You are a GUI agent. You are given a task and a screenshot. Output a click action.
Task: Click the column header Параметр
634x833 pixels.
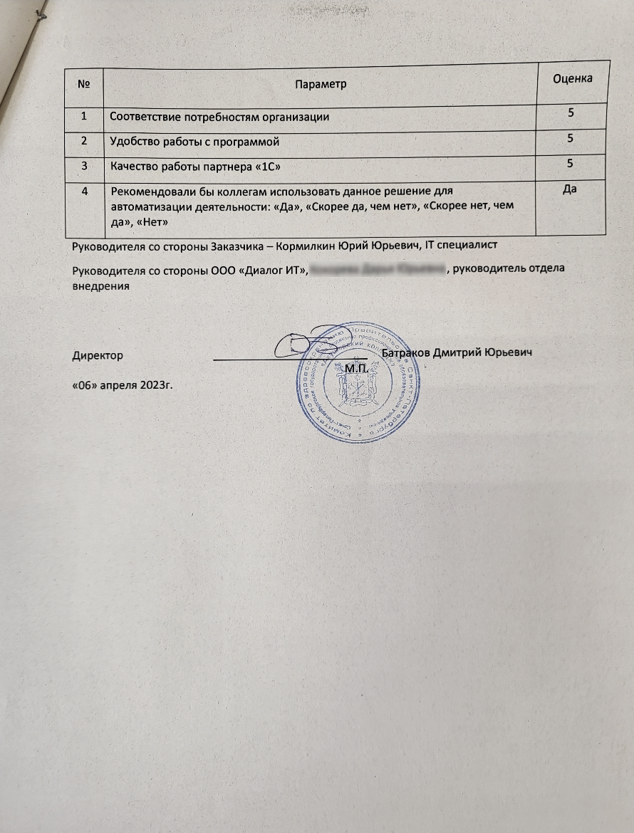pos(320,84)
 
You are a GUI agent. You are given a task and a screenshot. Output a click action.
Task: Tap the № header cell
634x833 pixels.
pos(84,84)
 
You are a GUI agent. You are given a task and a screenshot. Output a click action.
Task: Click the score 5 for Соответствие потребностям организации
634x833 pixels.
pos(571,112)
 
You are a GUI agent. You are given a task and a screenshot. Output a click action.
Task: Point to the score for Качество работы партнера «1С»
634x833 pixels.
pos(570,164)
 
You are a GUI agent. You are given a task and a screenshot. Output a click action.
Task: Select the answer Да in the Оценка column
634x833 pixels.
pos(569,190)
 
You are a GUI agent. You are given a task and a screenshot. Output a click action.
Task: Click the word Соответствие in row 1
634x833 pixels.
pos(144,116)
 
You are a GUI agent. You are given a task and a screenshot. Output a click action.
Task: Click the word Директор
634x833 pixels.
pos(98,354)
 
